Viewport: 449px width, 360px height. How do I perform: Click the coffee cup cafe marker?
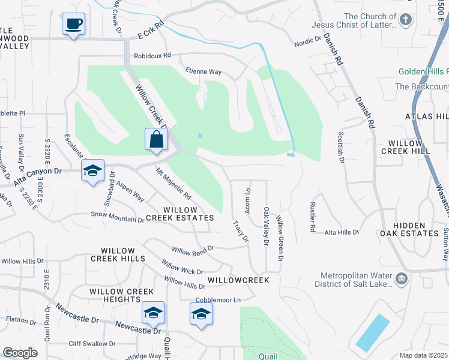(73, 25)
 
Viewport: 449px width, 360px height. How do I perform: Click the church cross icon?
(406, 20)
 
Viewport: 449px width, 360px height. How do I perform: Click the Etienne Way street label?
(203, 71)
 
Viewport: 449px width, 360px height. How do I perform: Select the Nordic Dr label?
(307, 43)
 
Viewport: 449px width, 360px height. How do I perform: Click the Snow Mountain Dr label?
(118, 217)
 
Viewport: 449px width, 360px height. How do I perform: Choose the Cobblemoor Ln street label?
(217, 299)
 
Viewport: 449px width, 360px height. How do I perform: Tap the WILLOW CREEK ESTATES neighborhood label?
(181, 214)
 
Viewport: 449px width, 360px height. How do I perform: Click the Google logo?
(20, 352)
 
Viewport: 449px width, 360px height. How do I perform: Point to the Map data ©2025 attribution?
(423, 355)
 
